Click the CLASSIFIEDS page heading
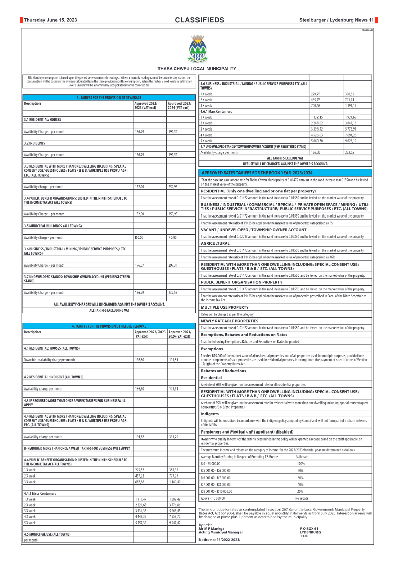pos(199,20)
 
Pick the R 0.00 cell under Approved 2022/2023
pos(140,237)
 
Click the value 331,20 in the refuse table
pos(173,436)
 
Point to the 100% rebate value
pos(301,463)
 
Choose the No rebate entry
pos(302,498)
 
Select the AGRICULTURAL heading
pos(215,243)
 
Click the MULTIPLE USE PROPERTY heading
pos(224,307)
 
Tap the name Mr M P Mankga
pos(212,529)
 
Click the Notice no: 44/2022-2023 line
pos(219,540)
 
